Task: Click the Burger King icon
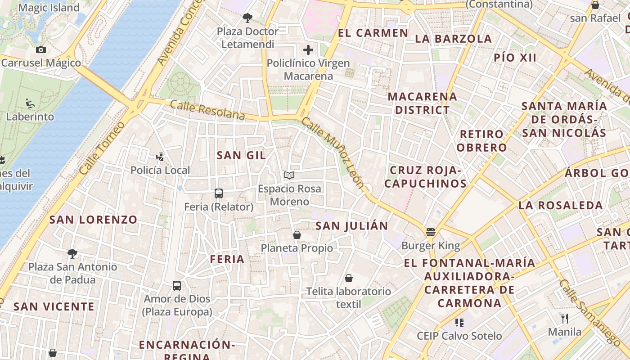point(431,233)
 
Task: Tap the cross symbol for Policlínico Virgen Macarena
point(308,50)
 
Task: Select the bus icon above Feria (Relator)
point(219,193)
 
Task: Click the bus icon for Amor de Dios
point(177,286)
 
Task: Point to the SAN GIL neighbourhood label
point(241,155)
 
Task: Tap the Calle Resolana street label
point(207,110)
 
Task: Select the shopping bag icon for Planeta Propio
point(297,235)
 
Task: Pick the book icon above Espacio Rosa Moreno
point(289,175)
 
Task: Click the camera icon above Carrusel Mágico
point(41,50)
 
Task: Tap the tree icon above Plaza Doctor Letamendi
point(247,18)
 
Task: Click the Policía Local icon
point(160,157)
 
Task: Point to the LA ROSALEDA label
point(560,206)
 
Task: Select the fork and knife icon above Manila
point(565,319)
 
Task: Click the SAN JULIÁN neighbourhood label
point(351,226)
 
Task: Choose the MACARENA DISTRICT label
point(422,103)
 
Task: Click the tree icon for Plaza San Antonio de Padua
point(72,254)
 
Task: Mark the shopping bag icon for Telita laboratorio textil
point(349,278)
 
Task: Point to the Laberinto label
point(30,117)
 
